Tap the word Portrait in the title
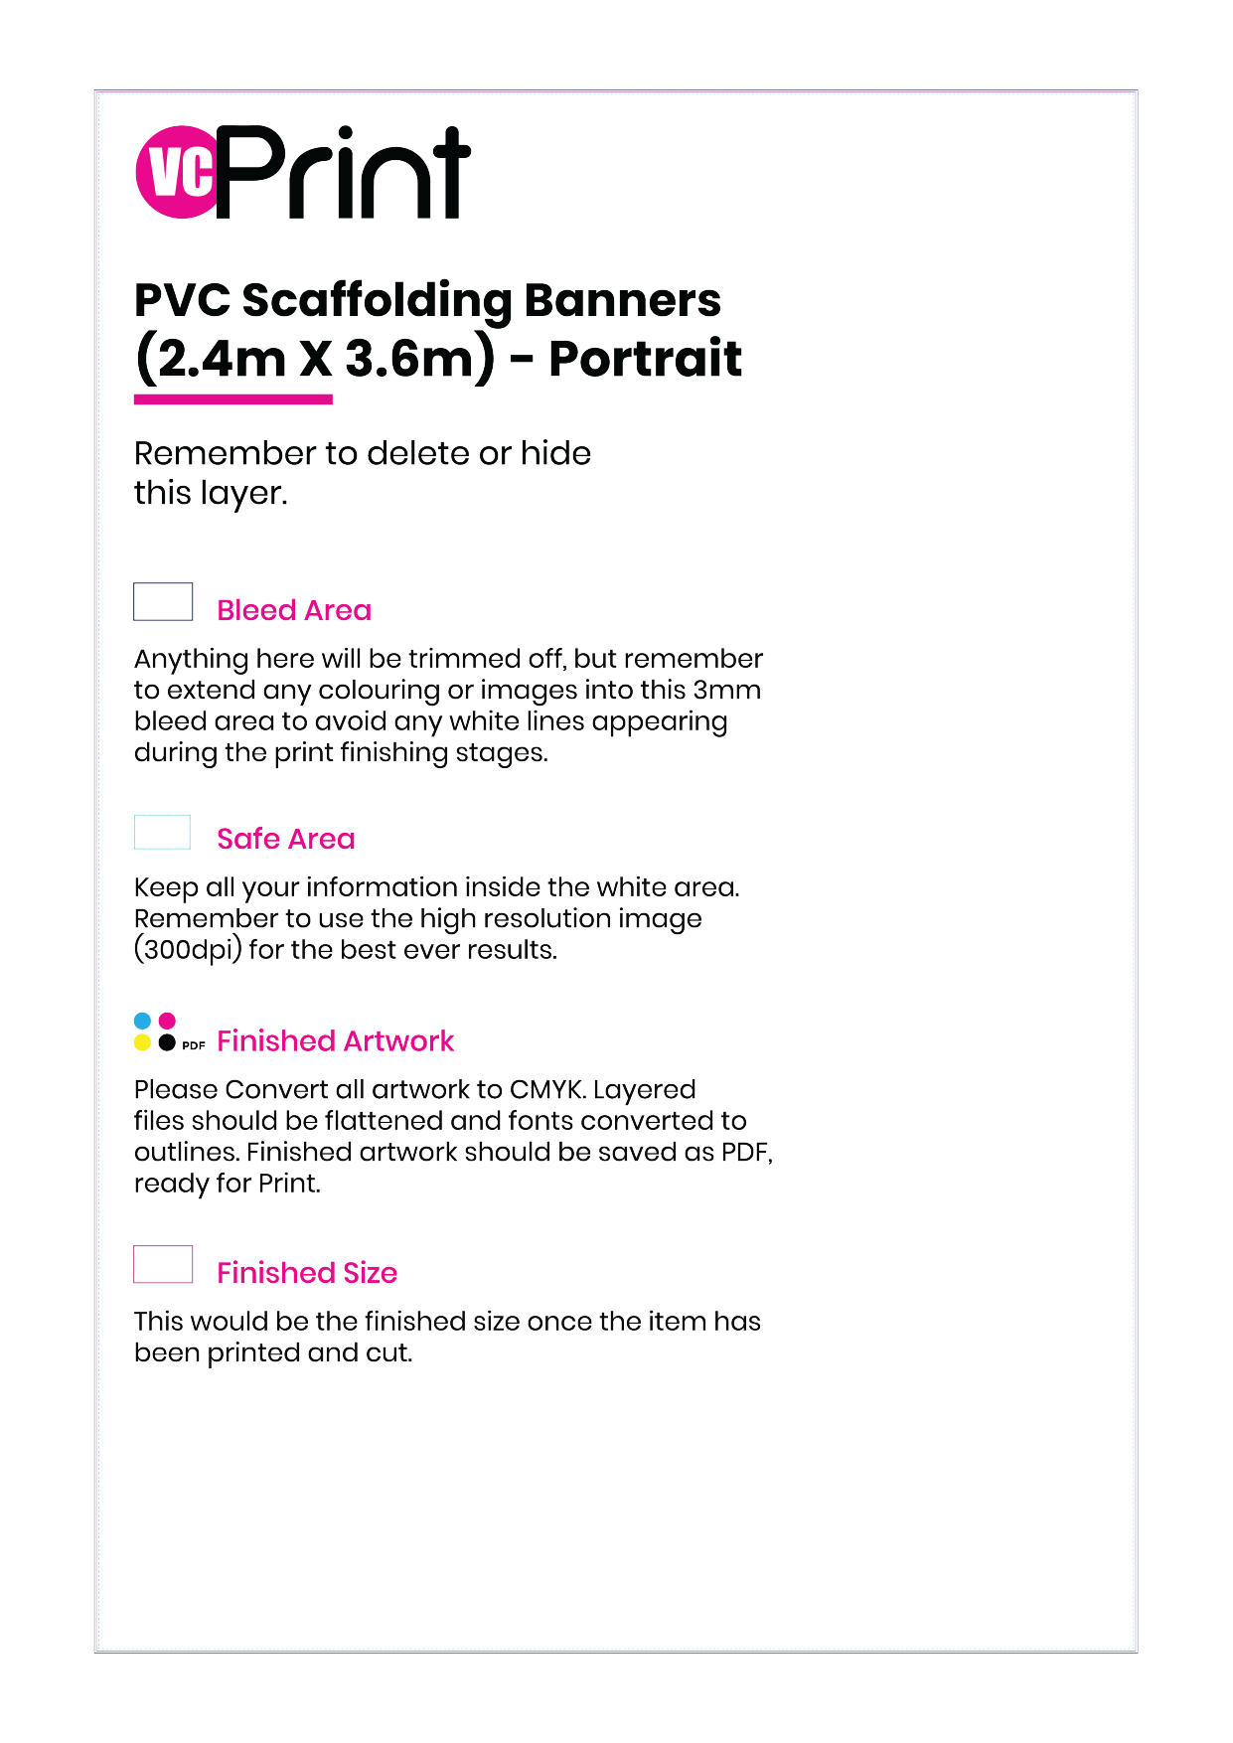(645, 359)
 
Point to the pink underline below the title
(233, 399)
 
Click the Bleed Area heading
(294, 610)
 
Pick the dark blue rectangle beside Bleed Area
(163, 602)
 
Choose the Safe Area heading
(286, 839)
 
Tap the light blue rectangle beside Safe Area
(162, 832)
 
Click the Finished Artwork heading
(335, 1040)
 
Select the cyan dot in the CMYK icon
(142, 1021)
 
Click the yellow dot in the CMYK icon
(142, 1042)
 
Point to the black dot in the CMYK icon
(167, 1042)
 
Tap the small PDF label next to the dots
(194, 1045)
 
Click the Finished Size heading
(307, 1273)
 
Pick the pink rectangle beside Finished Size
(163, 1264)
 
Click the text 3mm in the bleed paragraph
(727, 690)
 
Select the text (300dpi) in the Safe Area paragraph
(188, 950)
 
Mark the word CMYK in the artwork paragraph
(546, 1090)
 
